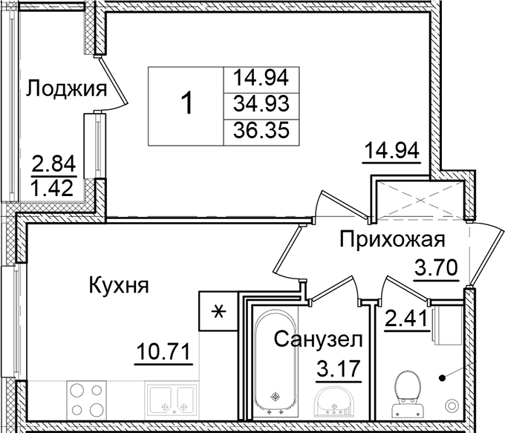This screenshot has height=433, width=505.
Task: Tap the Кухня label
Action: click(119, 284)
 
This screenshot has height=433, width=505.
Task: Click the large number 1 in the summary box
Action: click(188, 104)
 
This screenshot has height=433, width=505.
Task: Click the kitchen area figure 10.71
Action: click(164, 348)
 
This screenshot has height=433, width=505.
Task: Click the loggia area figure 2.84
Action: click(53, 162)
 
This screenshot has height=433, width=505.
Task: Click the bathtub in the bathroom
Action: click(276, 364)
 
